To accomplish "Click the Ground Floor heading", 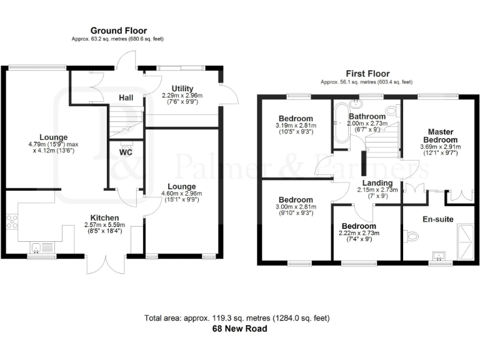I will (119, 30).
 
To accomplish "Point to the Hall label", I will (126, 97).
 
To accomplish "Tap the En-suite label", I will (437, 219).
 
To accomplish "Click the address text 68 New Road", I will (240, 329).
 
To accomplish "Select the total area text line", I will (240, 318).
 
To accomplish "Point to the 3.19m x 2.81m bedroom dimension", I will (296, 126).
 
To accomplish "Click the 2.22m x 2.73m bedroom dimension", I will (359, 233).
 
